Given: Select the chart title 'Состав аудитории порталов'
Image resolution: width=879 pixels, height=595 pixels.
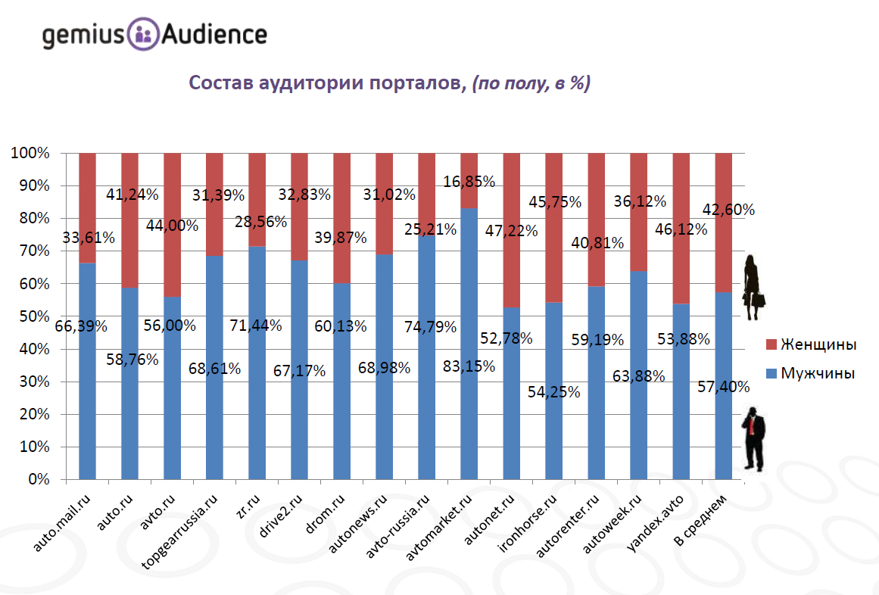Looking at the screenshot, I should pos(325,83).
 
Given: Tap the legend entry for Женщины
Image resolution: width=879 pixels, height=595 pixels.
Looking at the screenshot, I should pos(811,345).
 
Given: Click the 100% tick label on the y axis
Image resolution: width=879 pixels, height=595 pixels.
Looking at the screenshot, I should pos(30,153).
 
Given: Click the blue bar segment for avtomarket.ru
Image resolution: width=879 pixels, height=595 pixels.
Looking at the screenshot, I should pos(469,424).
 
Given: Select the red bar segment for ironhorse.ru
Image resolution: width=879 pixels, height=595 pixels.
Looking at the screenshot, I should pos(553,250).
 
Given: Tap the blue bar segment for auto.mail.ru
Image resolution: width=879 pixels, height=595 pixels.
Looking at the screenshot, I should pos(87,409).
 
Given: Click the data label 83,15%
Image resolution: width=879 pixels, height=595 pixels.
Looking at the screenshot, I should pos(469,367).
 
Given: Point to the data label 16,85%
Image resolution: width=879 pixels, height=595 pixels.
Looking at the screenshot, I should pos(469,182).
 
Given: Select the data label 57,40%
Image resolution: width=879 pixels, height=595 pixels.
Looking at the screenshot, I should pos(724,388).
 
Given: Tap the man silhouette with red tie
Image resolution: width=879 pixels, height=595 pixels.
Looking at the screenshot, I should pos(753,438).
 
